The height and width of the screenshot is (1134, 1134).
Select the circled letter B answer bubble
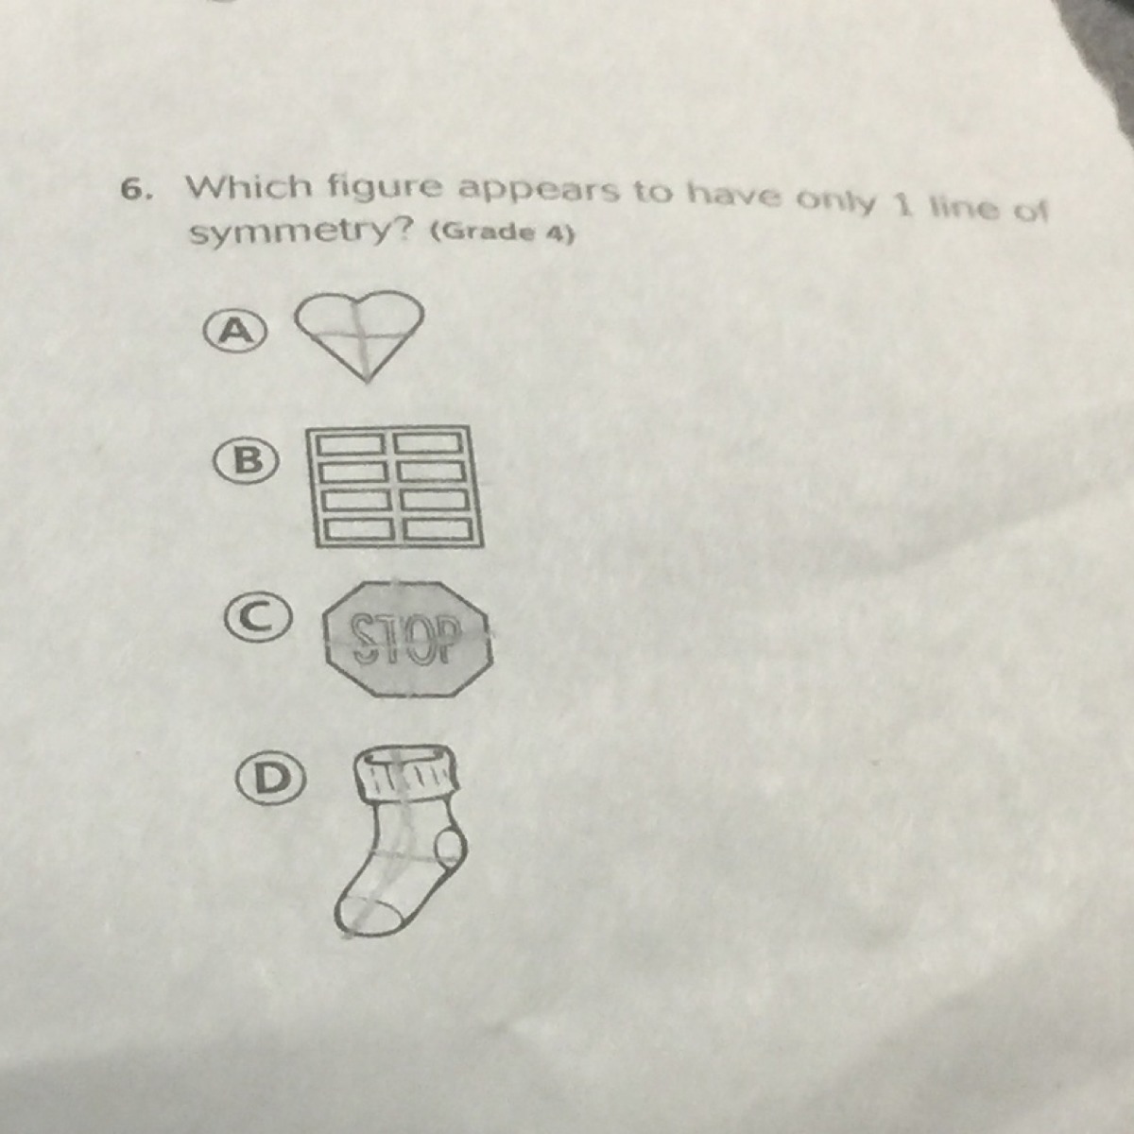246,462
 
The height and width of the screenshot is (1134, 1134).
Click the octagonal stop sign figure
407,638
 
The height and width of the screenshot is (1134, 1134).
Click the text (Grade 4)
502,233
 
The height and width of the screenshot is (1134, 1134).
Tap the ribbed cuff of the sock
405,771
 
